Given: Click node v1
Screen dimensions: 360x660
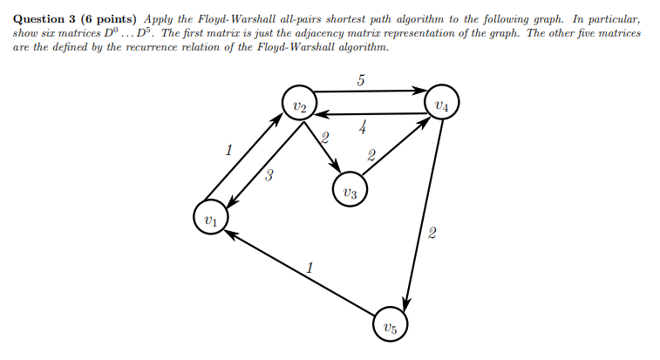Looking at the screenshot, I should click(209, 218).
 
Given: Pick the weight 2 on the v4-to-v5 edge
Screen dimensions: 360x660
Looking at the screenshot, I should click(432, 234).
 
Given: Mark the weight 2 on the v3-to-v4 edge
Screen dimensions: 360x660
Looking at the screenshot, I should click(371, 157).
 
